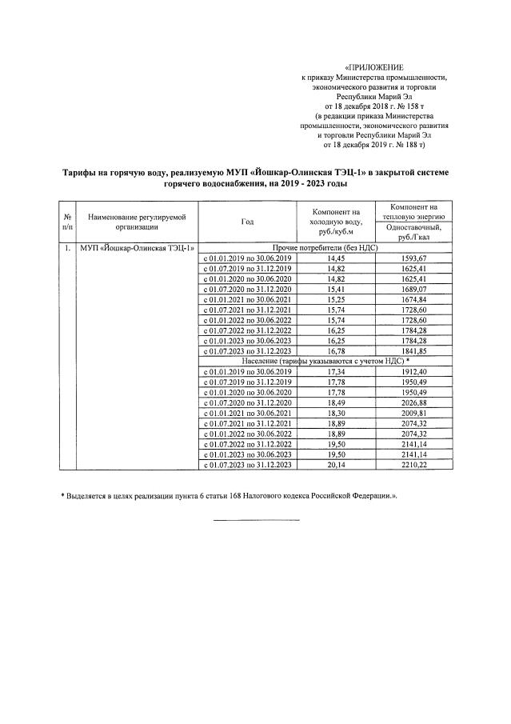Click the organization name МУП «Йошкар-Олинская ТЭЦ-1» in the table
click(137, 248)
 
